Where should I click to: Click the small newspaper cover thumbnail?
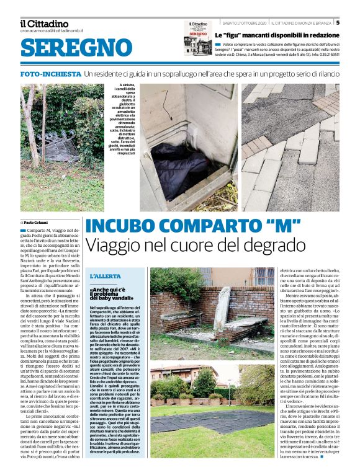pyautogui.click(x=197, y=38)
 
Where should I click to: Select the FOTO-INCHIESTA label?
pyautogui.click(x=50, y=73)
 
